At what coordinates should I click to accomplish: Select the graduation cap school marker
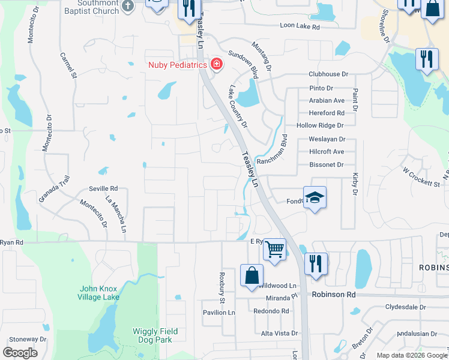coord(314,197)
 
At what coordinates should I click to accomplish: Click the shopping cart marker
coord(274,248)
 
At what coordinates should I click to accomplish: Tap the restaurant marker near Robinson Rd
coord(315,263)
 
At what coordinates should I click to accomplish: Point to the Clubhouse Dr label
coord(328,74)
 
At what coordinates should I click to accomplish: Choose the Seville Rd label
coord(103,188)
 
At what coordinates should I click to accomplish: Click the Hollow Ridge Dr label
coord(319,125)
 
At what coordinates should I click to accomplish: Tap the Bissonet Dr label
coord(326,164)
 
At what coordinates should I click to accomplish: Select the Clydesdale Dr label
coord(405,307)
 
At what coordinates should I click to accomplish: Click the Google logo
coord(20,352)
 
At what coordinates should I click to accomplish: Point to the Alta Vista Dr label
coord(279,333)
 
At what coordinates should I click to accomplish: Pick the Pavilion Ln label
coord(218,313)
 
